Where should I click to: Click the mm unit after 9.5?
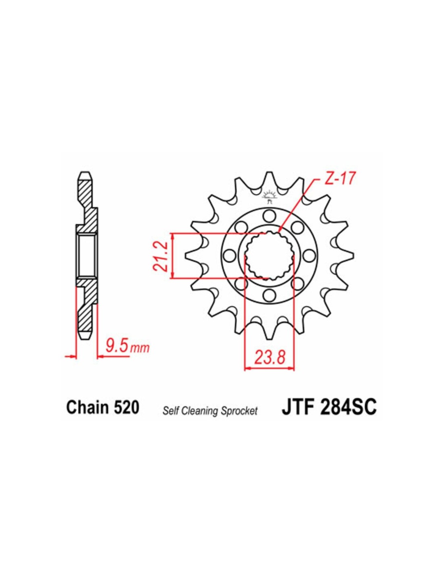coord(140,349)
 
